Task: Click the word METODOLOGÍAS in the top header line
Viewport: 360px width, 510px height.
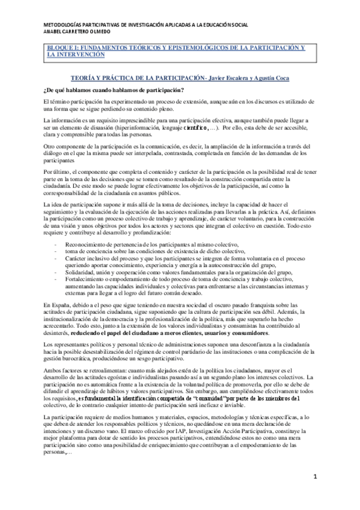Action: tap(64, 24)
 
